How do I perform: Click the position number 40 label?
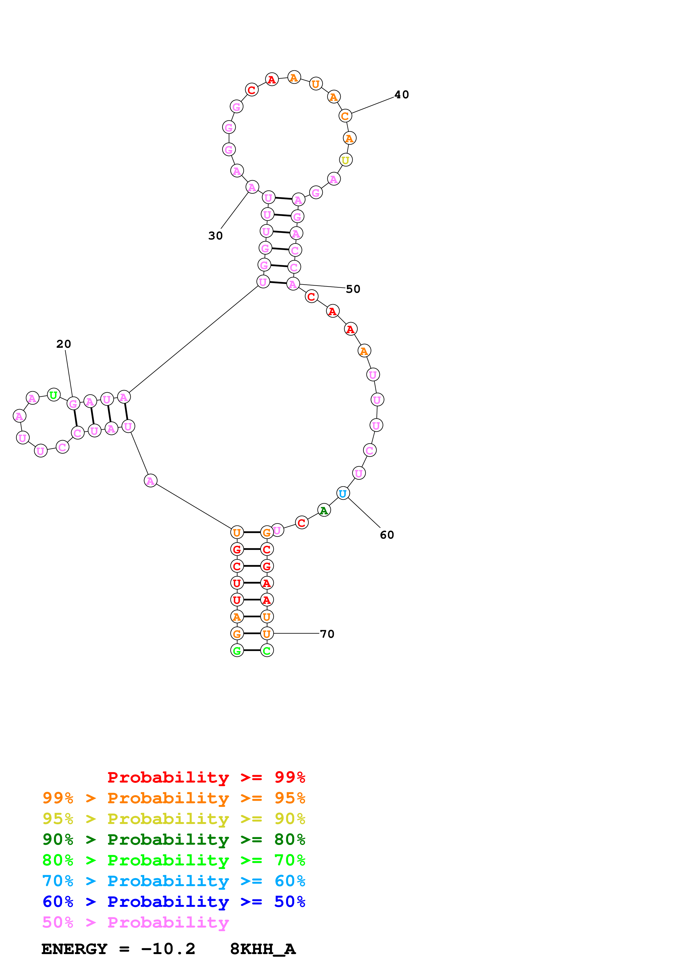401,94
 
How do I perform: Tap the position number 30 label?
215,236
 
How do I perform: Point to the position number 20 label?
64,344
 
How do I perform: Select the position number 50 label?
353,289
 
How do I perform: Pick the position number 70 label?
327,634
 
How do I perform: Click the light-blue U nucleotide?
343,493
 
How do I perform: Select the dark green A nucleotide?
324,510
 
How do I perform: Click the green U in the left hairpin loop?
53,395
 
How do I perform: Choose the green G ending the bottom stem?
237,651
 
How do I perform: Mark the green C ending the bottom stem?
267,651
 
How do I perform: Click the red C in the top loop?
251,89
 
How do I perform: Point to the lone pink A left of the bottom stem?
150,481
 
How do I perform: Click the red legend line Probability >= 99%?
206,777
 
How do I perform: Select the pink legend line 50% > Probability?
135,923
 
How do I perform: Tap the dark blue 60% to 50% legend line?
174,902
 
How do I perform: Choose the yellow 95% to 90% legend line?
174,819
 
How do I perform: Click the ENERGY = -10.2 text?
118,949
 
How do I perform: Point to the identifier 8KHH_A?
263,949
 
